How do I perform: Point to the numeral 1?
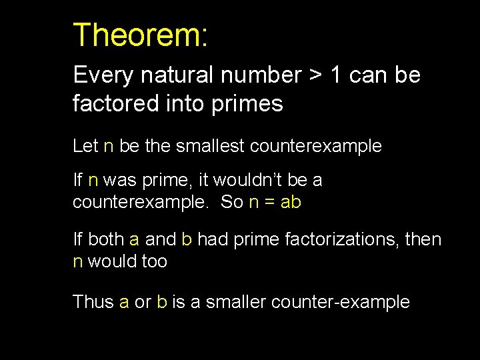pos(337,75)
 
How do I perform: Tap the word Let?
pos(85,146)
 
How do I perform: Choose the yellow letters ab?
pos(291,202)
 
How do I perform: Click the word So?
pos(231,202)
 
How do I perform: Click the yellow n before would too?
pos(77,262)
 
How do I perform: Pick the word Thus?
pos(93,302)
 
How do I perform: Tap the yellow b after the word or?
pos(161,302)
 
